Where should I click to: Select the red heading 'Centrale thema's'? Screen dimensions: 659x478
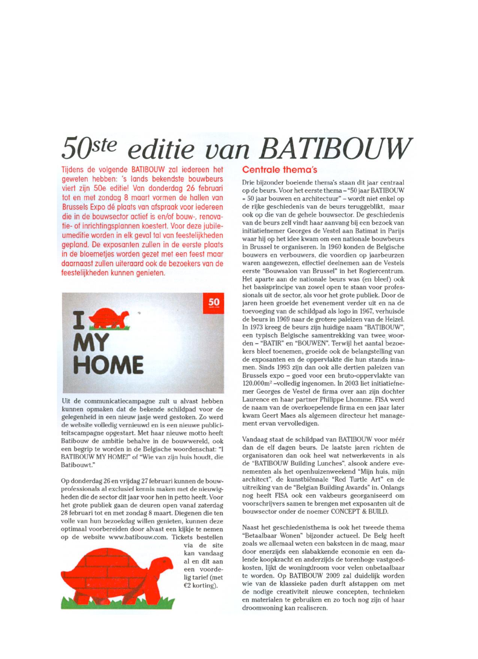pos(280,170)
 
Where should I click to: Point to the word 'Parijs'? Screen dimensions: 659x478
pos(396,230)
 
